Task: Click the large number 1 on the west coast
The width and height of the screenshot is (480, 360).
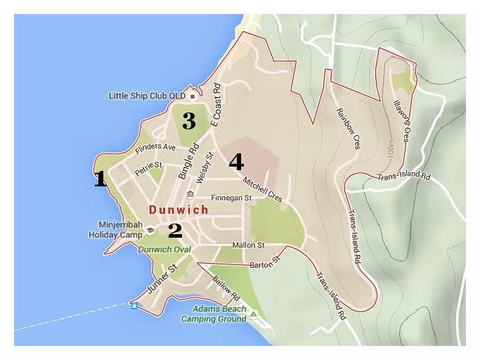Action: (100, 179)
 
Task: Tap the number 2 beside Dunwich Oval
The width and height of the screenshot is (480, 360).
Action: (175, 230)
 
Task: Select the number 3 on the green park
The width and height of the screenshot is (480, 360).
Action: (188, 121)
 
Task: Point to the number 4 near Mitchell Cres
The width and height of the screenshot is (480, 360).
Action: (236, 162)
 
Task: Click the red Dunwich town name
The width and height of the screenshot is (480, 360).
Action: (179, 210)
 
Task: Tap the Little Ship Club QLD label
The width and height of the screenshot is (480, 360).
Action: (147, 96)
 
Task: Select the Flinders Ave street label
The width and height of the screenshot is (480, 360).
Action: (155, 149)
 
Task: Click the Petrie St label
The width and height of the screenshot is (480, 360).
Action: (148, 167)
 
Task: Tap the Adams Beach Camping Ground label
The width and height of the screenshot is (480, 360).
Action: (214, 314)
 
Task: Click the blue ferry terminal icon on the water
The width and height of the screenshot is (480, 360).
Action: (134, 305)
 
